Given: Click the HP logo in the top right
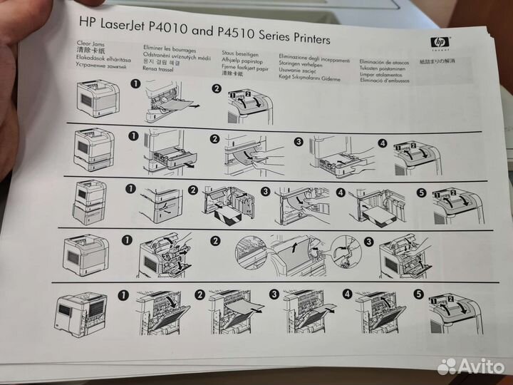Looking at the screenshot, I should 437,43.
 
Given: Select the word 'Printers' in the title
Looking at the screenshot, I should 306,38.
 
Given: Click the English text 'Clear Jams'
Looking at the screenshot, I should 90,44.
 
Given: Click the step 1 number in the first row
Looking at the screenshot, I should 135,85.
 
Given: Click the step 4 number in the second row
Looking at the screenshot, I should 383,143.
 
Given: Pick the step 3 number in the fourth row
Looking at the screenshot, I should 369,242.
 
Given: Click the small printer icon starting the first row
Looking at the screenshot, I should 96,98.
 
